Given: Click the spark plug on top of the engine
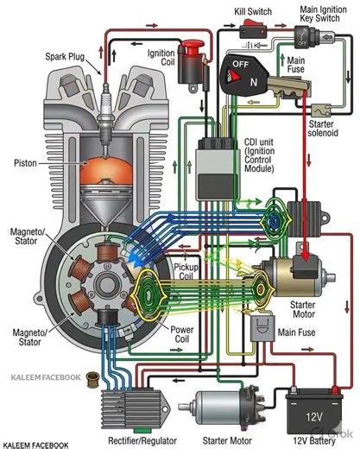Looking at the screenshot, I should pos(105,95).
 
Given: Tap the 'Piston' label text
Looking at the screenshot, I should pos(25,162).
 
